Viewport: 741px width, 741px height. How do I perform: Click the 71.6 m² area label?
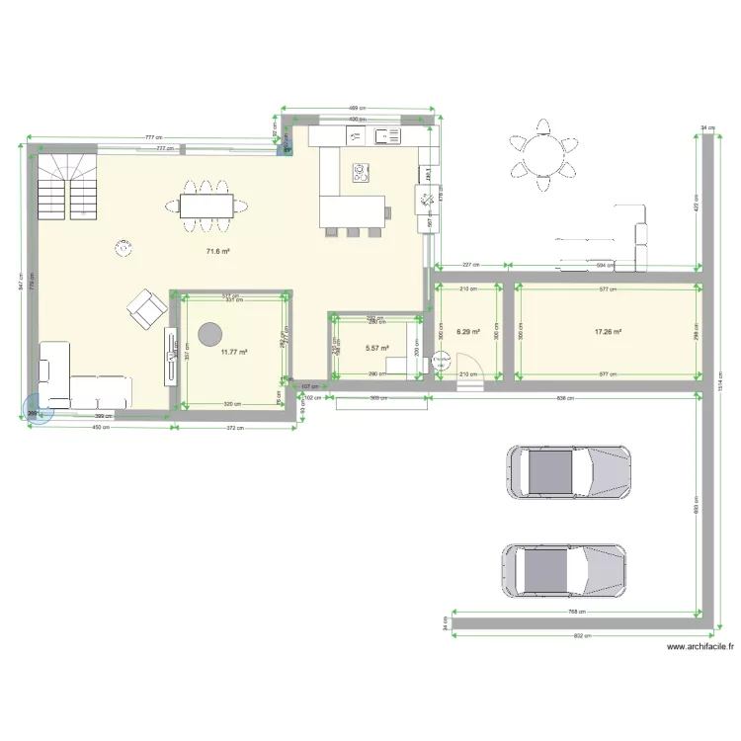click(217, 252)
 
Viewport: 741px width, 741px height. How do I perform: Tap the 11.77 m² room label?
click(233, 352)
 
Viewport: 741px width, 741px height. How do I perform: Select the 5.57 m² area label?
click(376, 348)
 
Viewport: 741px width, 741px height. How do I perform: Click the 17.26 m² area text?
click(607, 332)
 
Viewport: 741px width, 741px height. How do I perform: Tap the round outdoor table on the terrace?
click(541, 154)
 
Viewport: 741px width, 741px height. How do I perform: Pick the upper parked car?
click(567, 471)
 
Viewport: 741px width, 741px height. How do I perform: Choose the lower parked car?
click(564, 571)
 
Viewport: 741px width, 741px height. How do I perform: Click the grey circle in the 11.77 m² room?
click(209, 334)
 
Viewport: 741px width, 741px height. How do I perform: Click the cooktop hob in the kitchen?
click(360, 175)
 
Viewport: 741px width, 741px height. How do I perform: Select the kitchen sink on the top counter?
click(387, 137)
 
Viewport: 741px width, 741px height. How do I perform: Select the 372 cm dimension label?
click(233, 428)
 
